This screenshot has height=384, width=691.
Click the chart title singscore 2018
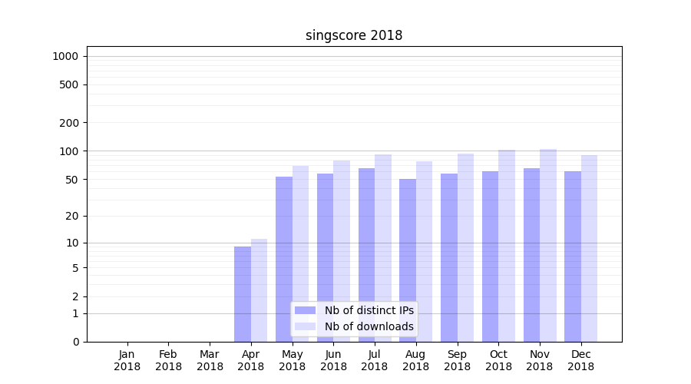[354, 35]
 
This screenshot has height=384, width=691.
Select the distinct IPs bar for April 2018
[243, 294]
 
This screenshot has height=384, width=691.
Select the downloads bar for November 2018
[548, 245]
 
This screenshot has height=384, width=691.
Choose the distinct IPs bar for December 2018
[573, 257]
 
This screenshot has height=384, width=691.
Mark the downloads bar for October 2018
[507, 246]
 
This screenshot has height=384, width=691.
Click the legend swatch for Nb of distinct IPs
[306, 310]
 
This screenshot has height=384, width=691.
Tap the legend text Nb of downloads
[369, 326]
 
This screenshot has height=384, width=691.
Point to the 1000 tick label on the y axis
[65, 56]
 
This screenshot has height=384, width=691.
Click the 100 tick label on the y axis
[68, 151]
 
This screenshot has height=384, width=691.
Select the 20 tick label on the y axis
[71, 216]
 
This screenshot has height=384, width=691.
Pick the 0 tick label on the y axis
[75, 342]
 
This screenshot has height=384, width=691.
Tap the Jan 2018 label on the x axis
[127, 360]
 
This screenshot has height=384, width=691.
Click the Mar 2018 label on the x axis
[210, 360]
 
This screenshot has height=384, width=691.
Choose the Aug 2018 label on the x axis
[416, 360]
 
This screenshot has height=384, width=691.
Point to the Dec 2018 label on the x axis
[581, 360]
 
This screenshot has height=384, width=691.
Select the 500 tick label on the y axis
[68, 84]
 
